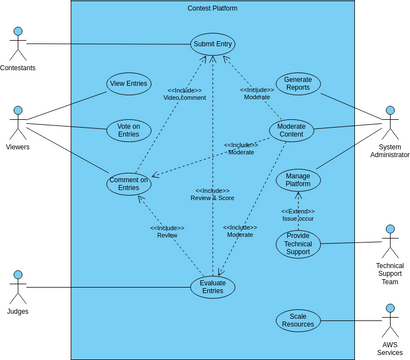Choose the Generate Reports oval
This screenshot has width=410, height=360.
(x=298, y=84)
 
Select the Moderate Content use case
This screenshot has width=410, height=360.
(x=291, y=131)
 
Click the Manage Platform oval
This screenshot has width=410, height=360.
(x=297, y=180)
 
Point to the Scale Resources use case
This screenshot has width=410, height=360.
(x=298, y=320)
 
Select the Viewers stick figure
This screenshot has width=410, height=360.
(x=16, y=123)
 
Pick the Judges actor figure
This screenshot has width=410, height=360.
(x=16, y=287)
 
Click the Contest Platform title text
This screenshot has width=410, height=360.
(x=212, y=8)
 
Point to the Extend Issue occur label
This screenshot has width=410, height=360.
(x=297, y=214)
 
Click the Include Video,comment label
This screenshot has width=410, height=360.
(x=187, y=93)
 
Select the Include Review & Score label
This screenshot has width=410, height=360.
(x=212, y=194)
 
